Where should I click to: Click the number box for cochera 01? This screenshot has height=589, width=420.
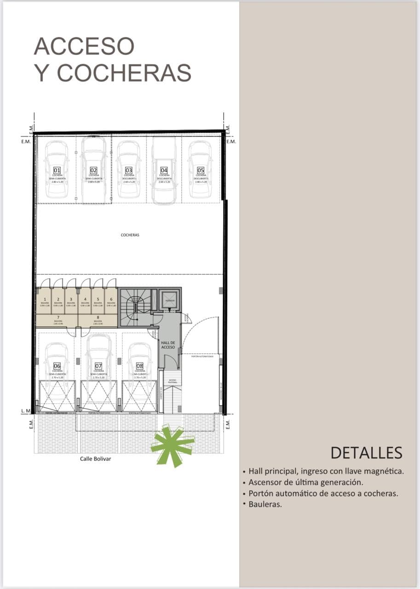click(57, 170)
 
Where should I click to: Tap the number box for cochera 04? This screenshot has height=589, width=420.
click(164, 170)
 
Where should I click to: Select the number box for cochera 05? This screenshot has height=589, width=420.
click(201, 170)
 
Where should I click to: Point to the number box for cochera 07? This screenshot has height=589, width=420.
click(98, 366)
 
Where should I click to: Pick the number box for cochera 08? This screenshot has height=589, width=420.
click(140, 366)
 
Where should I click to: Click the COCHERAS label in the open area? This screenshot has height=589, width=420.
click(130, 235)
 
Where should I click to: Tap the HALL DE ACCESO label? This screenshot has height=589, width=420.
click(168, 345)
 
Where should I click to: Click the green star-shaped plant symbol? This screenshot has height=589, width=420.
click(173, 445)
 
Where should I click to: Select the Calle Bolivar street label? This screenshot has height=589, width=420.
click(96, 459)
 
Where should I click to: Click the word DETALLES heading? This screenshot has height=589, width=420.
click(366, 453)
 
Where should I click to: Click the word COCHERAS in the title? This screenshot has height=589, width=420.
click(124, 73)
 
